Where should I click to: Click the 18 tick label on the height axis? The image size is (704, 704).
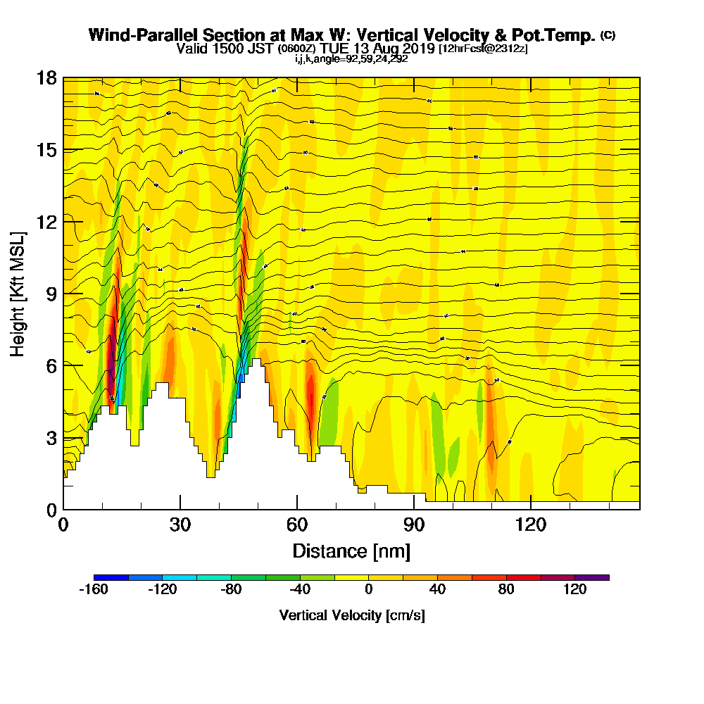point(46,77)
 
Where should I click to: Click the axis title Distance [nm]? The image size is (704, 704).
point(351,551)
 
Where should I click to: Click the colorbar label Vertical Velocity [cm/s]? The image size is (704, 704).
point(351,615)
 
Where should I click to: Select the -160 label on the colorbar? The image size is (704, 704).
point(93,591)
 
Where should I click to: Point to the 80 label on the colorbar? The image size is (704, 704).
point(506,591)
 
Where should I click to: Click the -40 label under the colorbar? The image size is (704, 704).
point(300,591)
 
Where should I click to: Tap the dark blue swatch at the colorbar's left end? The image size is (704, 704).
point(111,577)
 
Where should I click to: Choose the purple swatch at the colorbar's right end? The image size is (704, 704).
point(592,577)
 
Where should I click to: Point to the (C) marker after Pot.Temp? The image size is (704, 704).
point(608,35)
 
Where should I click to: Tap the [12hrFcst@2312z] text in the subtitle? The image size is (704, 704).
point(483,49)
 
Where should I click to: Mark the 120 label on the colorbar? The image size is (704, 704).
point(575,591)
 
